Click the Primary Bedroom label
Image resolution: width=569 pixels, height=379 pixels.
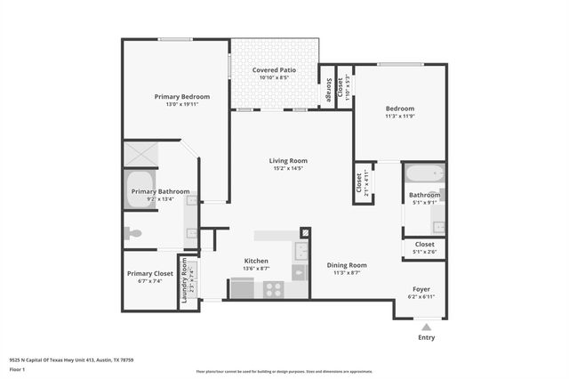pos(181,96)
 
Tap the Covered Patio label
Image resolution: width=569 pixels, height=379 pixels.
pos(274,69)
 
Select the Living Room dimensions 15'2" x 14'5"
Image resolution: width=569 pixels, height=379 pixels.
pos(287,168)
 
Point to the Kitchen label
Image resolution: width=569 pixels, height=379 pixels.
pos(256,260)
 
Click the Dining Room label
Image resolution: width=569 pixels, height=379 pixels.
pos(347,265)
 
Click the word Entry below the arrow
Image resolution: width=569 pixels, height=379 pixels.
pos(426,337)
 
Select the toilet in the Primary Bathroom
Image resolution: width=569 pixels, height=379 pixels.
pos(132,233)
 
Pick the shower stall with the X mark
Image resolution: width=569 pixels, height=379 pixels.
pos(140,152)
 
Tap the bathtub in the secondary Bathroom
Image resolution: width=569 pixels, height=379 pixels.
pos(424,173)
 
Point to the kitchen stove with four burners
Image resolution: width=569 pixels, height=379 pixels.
pos(273,288)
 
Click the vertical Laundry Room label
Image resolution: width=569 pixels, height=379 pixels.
pos(186,282)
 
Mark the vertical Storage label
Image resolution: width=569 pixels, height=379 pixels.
pos(328,89)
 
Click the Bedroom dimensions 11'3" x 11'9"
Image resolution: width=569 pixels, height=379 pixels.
pos(399,116)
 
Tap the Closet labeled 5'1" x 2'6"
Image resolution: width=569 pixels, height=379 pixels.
pos(424,247)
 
